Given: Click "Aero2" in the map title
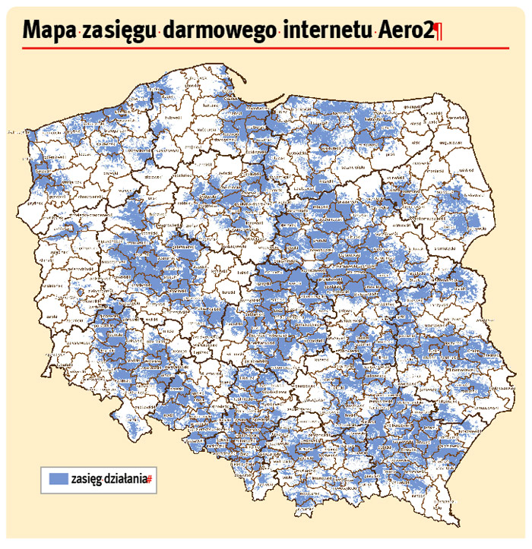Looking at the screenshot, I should click(404, 30).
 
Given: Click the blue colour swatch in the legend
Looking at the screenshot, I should click(58, 479).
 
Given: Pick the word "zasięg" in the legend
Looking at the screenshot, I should click(84, 480).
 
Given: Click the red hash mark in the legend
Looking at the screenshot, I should click(151, 480).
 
